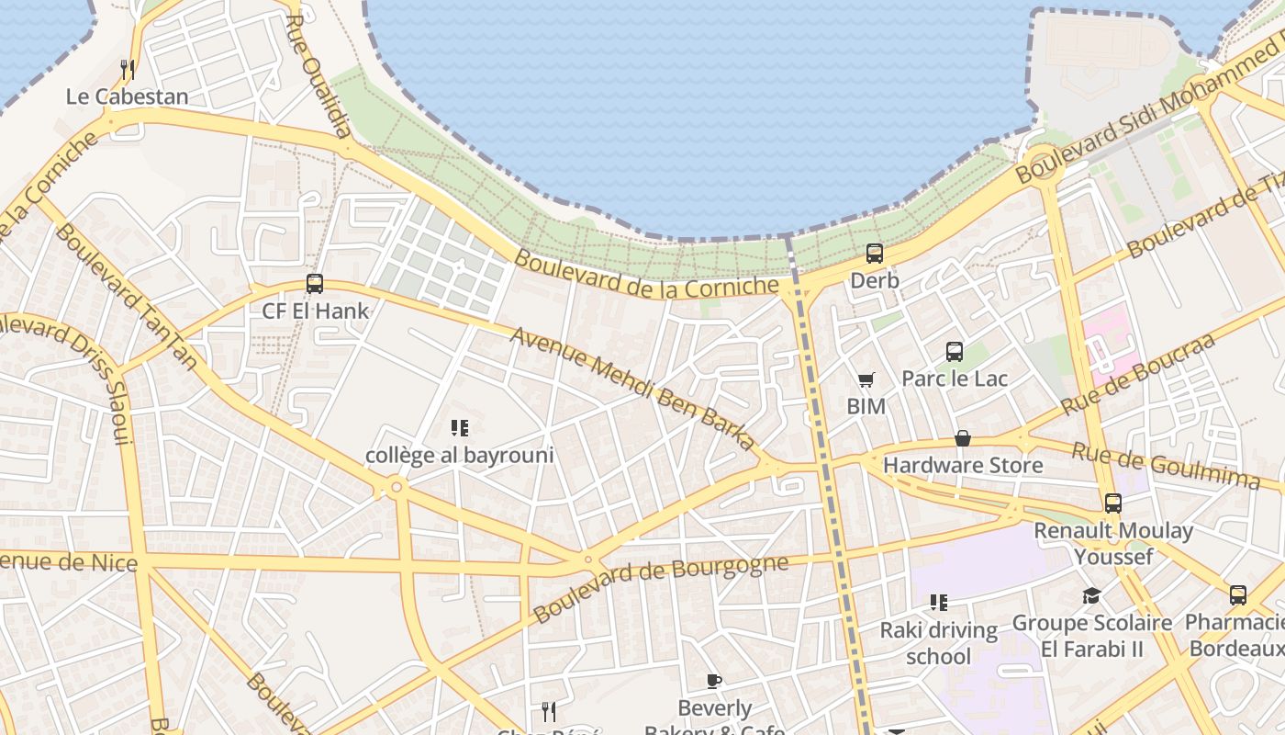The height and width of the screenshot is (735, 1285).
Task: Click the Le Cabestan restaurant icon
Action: [x=128, y=69]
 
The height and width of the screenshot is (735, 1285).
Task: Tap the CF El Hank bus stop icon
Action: [x=315, y=284]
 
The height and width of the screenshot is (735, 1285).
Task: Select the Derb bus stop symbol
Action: [x=875, y=253]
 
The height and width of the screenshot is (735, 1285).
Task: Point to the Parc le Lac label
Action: [x=955, y=379]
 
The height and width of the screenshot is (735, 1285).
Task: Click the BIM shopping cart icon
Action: [x=866, y=379]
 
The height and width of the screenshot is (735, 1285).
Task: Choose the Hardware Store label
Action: [x=963, y=465]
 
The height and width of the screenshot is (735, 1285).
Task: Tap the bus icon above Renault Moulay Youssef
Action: [x=1113, y=503]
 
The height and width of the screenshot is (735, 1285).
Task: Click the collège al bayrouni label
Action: [x=460, y=455]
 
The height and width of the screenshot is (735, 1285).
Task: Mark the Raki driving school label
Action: [x=938, y=643]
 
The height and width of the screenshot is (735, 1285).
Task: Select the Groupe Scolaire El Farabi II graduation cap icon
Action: [x=1091, y=595]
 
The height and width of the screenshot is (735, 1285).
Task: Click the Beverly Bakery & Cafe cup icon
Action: [x=714, y=681]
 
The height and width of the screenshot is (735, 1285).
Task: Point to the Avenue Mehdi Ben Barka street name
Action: [x=633, y=389]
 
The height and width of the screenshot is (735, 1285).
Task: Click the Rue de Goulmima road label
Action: [x=1166, y=465]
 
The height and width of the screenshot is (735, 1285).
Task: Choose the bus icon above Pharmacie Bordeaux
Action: [x=1238, y=594]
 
